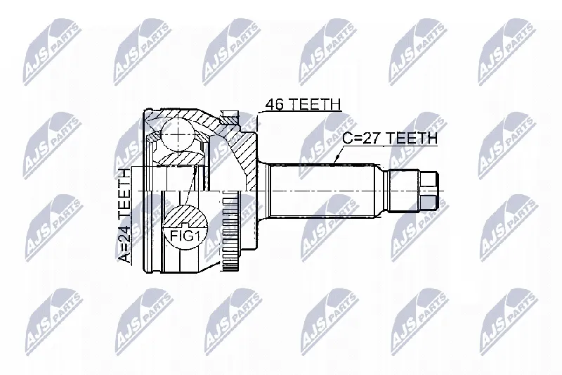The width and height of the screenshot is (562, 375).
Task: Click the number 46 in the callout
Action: coord(274,104)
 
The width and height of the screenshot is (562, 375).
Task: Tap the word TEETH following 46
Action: coord(314,104)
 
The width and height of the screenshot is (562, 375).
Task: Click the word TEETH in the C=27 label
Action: coord(412,138)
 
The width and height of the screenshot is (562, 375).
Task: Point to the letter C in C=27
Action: coord(347,138)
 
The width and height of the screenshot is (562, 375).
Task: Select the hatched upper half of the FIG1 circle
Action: coord(185,217)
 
